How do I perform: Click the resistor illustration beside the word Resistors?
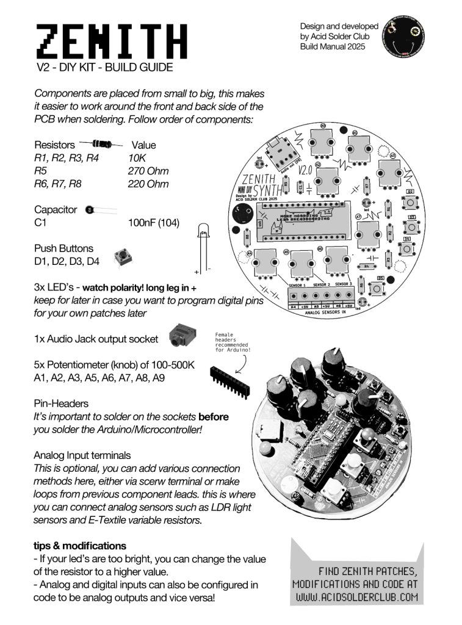coord(101,145)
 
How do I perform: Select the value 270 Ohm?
coord(148,171)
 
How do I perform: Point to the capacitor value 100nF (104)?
coord(154,223)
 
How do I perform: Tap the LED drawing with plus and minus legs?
coord(203,247)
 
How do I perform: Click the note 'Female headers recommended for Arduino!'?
coord(233,342)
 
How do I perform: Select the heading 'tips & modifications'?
coord(80,545)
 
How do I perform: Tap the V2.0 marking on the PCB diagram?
coord(305,170)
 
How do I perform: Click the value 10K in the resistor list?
coord(137,158)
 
